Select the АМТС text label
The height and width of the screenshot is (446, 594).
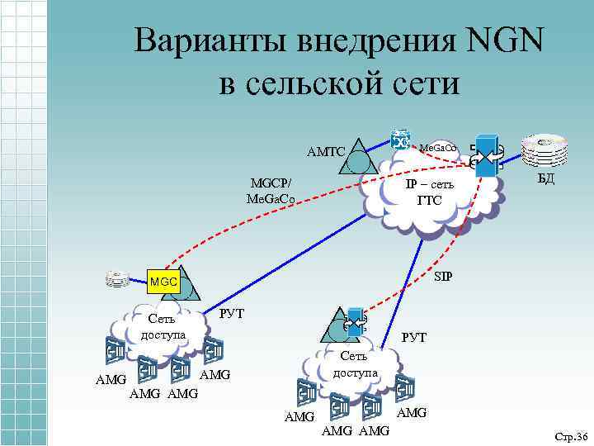click(x=325, y=152)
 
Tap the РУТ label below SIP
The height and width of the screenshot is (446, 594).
click(x=413, y=337)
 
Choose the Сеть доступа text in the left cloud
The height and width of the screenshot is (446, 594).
click(x=163, y=327)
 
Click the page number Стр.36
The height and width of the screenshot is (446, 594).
click(x=569, y=436)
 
